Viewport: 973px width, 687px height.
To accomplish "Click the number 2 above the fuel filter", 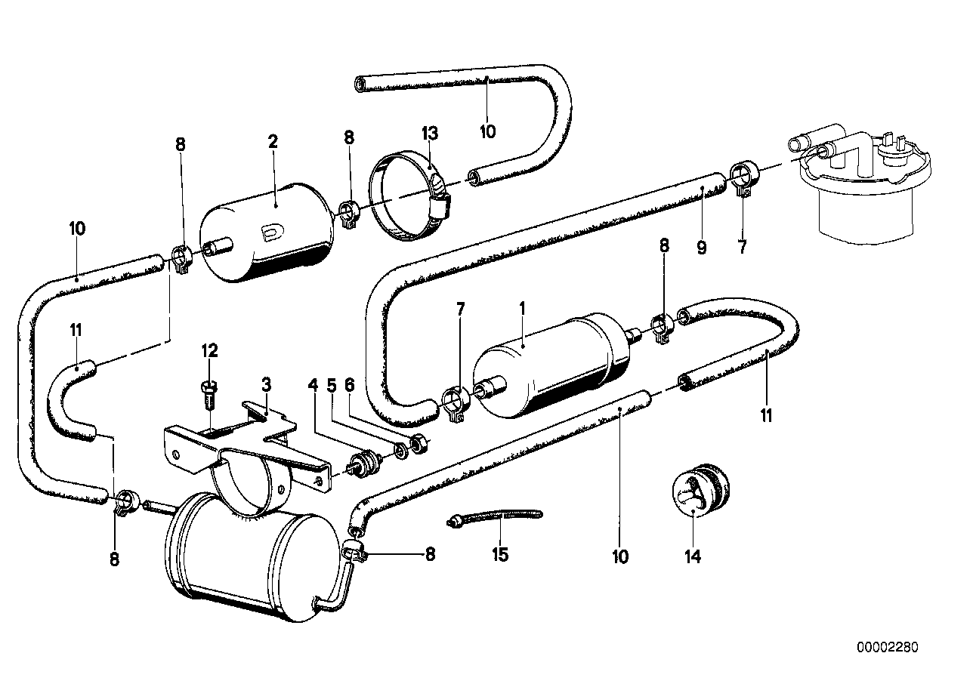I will tap(273, 141).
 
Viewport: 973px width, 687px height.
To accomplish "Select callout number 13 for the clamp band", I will tap(430, 134).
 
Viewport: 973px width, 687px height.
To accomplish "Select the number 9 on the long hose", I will tap(702, 247).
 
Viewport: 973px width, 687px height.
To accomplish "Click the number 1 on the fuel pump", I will tap(521, 308).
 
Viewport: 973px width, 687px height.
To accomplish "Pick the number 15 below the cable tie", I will tap(499, 556).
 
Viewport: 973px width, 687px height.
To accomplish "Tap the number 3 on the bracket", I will tap(266, 384).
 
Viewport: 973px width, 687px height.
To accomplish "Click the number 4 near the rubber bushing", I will tap(312, 384).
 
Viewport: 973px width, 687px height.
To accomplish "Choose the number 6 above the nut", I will tap(349, 384).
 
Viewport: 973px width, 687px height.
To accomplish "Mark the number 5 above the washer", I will tap(330, 384).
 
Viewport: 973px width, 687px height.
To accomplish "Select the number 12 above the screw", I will tap(209, 350).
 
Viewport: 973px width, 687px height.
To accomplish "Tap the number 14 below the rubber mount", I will tap(693, 557).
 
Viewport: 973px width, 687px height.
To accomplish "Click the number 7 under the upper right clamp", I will tap(742, 247).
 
